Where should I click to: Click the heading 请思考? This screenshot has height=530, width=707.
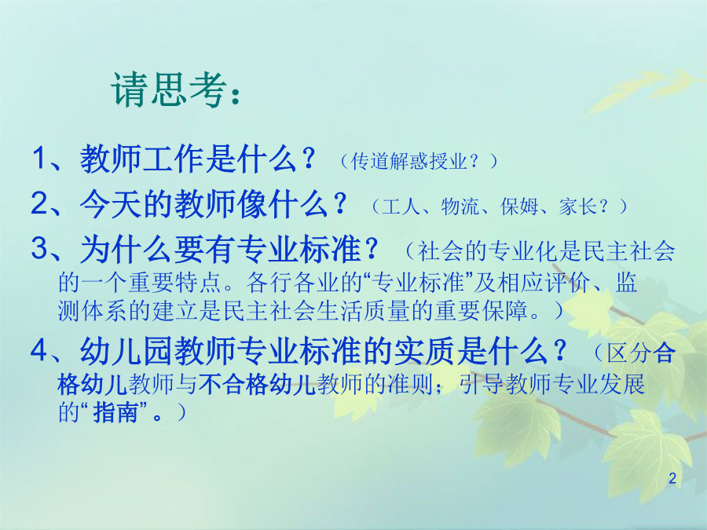point(169,90)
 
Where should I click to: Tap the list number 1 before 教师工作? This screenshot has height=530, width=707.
point(40,159)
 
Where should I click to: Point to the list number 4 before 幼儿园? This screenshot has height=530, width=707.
point(40,350)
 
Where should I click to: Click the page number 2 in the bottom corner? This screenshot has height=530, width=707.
point(672,478)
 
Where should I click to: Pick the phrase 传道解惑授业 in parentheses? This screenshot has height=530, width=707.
point(408,161)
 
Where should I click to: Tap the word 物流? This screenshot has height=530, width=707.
point(460,206)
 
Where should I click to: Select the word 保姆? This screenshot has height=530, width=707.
point(519,206)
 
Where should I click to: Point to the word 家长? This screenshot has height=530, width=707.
point(577,206)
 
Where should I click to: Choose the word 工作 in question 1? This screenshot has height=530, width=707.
point(174,159)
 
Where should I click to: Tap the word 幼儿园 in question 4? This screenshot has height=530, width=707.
point(126,350)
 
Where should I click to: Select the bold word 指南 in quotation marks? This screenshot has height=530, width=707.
point(115,412)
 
